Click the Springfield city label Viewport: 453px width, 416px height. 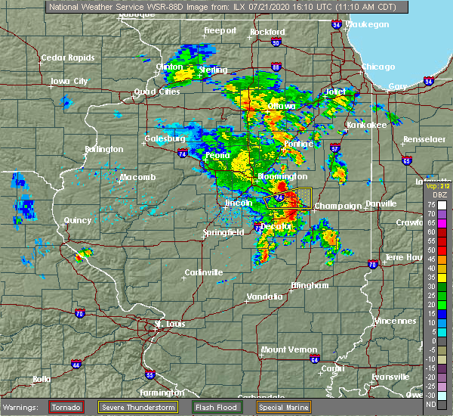[223, 233]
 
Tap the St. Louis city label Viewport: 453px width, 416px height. [169, 324]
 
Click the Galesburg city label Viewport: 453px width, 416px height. [165, 138]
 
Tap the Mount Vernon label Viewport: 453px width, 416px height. [285, 349]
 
